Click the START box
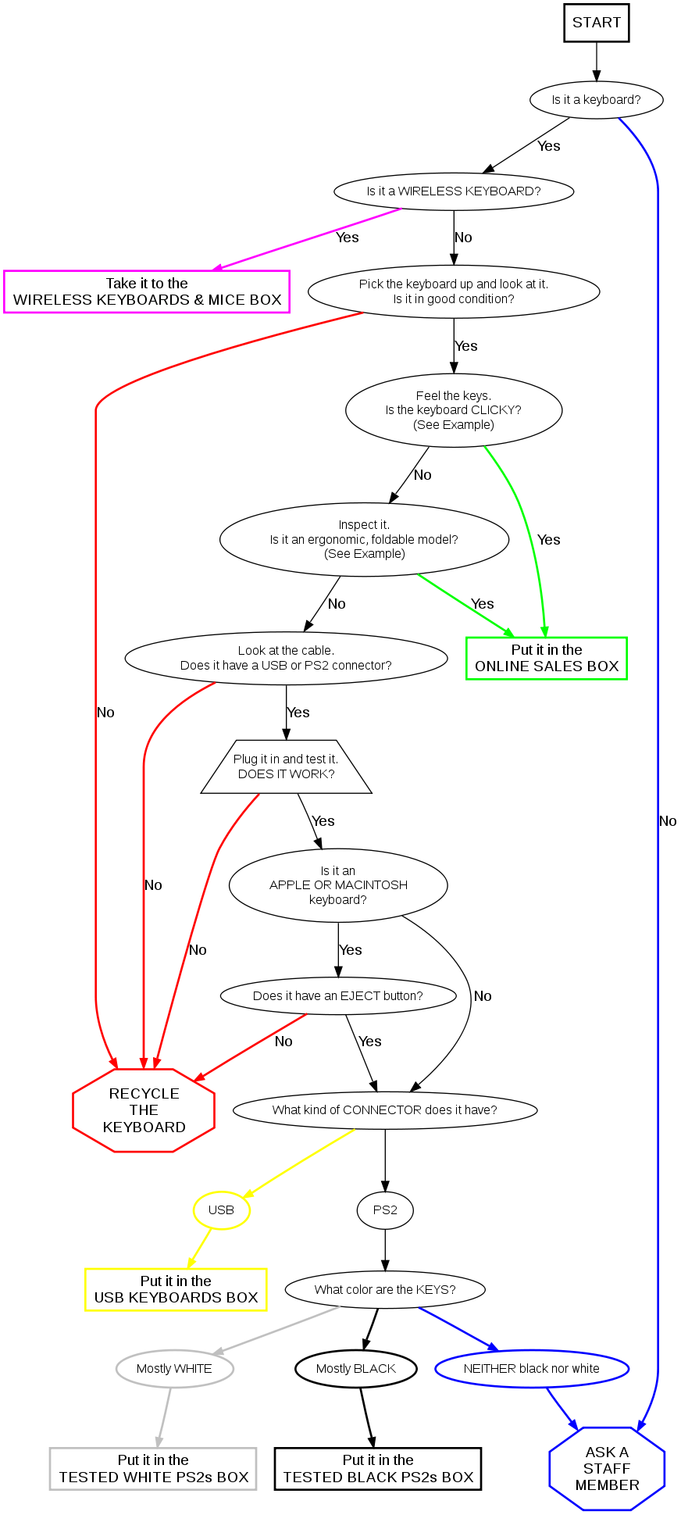coord(596,23)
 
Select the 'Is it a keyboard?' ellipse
coord(596,100)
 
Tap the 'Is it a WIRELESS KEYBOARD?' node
coord(454,191)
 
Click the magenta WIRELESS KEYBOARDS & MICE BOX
coord(147,291)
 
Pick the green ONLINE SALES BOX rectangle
coord(546,659)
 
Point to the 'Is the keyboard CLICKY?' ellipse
coord(454,410)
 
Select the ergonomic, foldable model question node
coord(364,539)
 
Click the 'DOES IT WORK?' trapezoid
coord(286,766)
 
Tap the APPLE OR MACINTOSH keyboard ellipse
coord(338,885)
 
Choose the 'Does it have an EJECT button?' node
coord(338,996)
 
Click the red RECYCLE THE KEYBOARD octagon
coord(144,1110)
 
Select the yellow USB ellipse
coord(222,1210)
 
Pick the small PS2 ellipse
coord(385,1210)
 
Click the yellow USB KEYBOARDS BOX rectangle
coord(176,1289)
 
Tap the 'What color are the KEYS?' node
coord(385,1289)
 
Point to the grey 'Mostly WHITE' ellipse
coord(174,1369)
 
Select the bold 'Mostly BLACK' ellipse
coord(356,1369)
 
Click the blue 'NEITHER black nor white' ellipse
coord(532,1369)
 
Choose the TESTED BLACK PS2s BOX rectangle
coord(378,1469)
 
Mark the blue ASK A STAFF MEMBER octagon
coord(607,1469)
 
